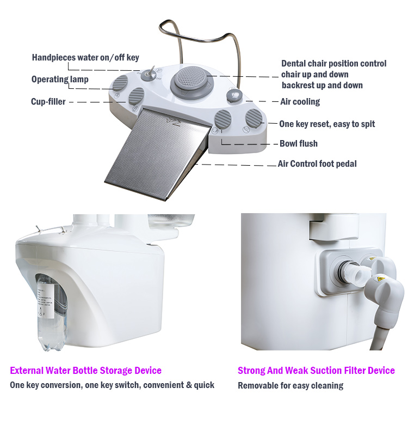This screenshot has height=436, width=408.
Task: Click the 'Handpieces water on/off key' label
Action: coord(85,58)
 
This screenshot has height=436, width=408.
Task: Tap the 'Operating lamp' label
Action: coord(60,80)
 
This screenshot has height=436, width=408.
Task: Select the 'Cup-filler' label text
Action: coord(48,101)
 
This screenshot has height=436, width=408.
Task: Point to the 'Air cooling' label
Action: coord(300,101)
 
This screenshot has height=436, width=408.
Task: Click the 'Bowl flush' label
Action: coord(299,143)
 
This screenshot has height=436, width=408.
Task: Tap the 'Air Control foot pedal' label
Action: coord(317,164)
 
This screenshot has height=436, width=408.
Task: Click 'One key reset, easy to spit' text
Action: coord(327,124)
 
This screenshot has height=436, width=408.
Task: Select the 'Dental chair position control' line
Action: coord(334,63)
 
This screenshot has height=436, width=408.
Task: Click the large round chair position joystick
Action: coord(191,81)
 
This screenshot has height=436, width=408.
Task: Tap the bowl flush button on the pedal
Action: coord(223,119)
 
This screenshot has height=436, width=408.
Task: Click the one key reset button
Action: coord(254,118)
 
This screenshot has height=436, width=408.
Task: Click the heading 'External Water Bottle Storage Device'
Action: coord(86,371)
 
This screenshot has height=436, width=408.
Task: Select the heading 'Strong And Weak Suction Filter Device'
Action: coord(316,371)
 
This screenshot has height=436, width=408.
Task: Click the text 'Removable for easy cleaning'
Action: coord(290,386)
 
